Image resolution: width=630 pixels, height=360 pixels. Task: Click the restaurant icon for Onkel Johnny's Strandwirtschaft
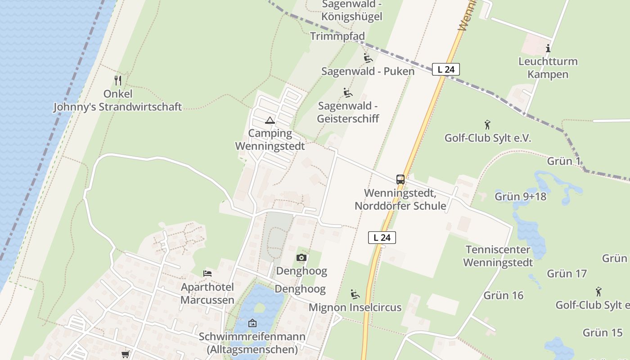coord(118,81)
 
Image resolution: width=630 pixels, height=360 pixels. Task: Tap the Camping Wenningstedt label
coord(270,139)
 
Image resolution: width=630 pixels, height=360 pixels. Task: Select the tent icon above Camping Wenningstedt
coord(270,120)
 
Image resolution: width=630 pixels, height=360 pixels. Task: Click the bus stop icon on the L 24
coord(400,180)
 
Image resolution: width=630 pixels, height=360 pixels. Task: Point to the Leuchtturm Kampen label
coord(548,67)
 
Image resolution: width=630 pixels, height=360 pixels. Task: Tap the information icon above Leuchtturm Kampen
coord(548,48)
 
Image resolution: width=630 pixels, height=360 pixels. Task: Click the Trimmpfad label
coord(337,36)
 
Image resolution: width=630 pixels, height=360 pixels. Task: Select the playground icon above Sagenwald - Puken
coord(368,58)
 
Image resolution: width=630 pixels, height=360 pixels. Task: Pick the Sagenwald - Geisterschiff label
coord(348,112)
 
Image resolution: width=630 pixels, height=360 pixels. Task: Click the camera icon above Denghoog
coord(301,258)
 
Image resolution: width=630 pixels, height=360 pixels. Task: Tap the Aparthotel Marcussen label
coord(207,293)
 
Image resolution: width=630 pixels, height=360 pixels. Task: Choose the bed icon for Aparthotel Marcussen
coord(207,273)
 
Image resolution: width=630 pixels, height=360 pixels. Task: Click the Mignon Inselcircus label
coord(355,308)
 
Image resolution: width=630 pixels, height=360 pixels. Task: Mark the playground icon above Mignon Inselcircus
coord(355,294)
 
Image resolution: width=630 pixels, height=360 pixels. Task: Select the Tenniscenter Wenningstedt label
coord(498,256)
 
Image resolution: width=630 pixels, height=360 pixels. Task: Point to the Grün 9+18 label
coord(521,196)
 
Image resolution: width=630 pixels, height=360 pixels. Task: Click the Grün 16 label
coord(504,296)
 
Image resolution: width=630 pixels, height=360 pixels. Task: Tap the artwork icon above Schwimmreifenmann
coord(252,323)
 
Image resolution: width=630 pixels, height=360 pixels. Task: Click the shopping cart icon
coord(125,355)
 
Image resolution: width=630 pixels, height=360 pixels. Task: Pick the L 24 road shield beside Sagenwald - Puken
coord(445,69)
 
